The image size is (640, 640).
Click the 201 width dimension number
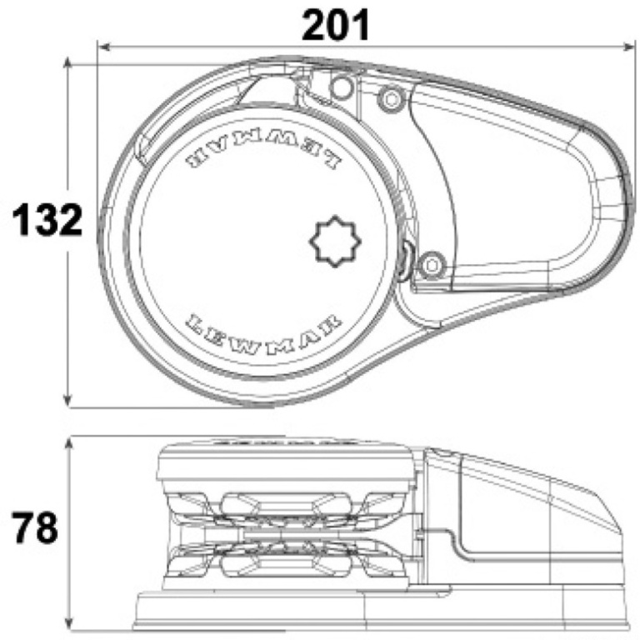point(336,25)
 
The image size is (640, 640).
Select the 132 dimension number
point(47,220)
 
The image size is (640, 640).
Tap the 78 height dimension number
point(35,527)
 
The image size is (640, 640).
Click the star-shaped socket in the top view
point(335,242)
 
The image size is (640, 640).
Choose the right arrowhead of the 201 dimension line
point(629,47)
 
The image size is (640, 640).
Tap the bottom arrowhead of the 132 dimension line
point(68,401)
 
